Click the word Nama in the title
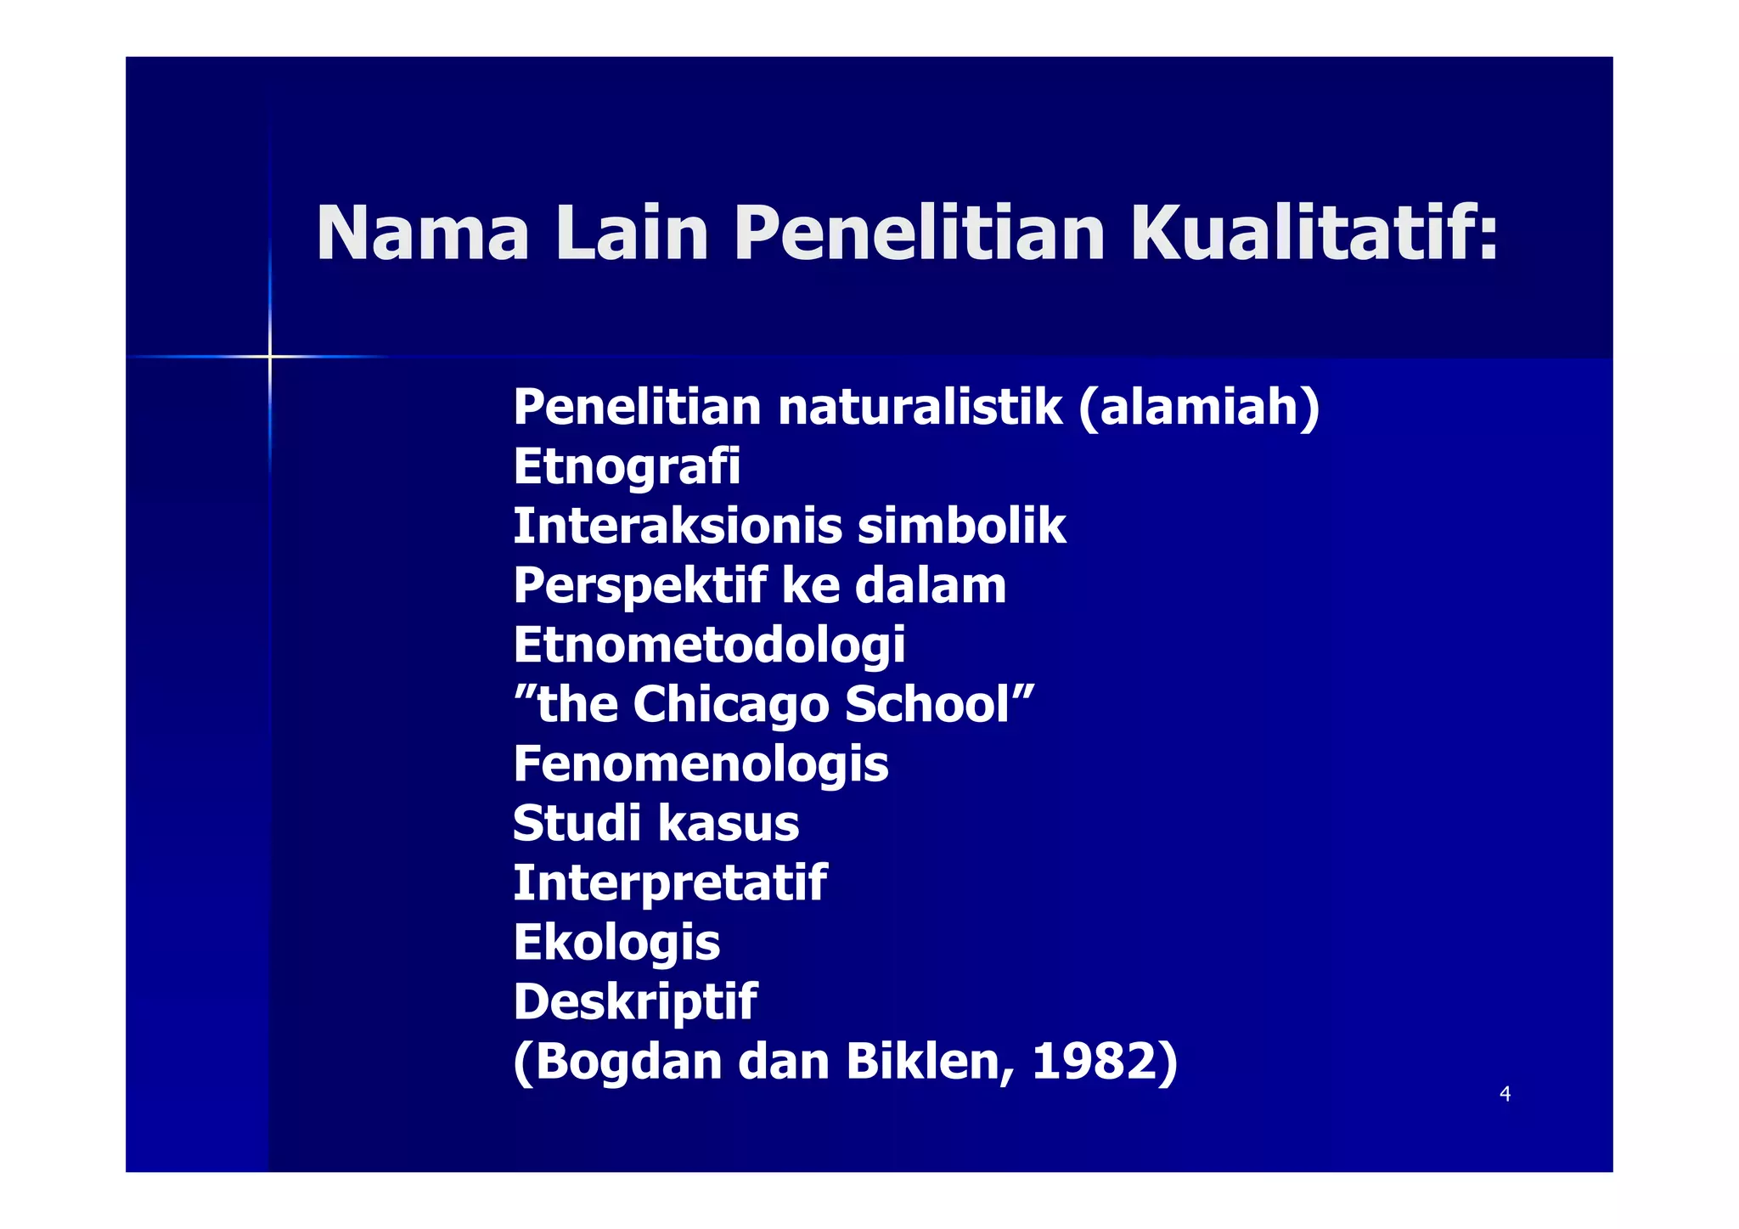point(422,233)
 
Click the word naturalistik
point(920,407)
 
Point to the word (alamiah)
point(1199,407)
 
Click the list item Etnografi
point(627,466)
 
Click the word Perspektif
point(639,586)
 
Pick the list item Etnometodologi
point(709,646)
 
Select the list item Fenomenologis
point(701,764)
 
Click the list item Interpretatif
point(670,882)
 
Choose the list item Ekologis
point(616,943)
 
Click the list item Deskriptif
point(634,1002)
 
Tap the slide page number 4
point(1505,1094)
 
